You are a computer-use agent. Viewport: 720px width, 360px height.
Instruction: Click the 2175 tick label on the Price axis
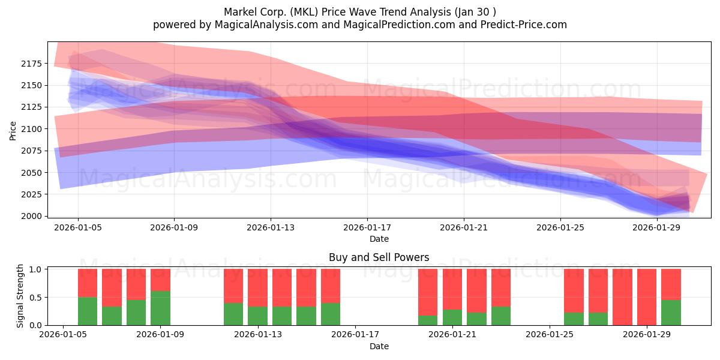point(31,64)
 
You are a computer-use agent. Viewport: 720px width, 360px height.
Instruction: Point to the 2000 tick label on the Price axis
point(31,217)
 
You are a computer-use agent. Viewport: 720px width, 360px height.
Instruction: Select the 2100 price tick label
point(31,129)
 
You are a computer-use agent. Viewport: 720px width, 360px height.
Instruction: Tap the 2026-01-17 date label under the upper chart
point(367,227)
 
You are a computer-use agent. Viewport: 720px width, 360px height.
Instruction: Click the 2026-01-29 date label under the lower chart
point(647,335)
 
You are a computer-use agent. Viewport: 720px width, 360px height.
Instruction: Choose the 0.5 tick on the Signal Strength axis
point(35,298)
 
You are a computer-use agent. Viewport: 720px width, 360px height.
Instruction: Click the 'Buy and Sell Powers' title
point(379,257)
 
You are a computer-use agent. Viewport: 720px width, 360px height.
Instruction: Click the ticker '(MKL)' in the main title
point(304,12)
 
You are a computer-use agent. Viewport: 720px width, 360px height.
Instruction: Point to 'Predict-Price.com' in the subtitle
point(524,25)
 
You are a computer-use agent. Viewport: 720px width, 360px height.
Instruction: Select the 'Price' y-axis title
point(13,131)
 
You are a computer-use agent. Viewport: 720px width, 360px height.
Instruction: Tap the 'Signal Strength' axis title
point(20,296)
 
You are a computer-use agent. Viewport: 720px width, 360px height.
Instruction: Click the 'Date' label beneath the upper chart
point(379,239)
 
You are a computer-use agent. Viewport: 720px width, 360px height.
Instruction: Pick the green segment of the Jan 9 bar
point(160,308)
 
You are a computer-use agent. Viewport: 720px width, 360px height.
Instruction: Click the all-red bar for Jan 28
point(622,297)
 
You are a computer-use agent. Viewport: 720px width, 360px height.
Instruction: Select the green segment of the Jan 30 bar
point(671,313)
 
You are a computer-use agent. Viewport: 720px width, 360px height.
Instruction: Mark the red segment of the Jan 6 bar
point(88,283)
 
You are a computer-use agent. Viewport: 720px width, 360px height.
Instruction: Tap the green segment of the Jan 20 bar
point(428,320)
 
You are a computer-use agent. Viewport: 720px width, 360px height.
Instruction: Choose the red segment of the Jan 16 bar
point(331,286)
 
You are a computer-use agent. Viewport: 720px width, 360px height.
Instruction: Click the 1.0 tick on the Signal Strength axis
point(35,269)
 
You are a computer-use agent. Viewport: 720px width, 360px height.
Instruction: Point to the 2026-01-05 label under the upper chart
point(78,227)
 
